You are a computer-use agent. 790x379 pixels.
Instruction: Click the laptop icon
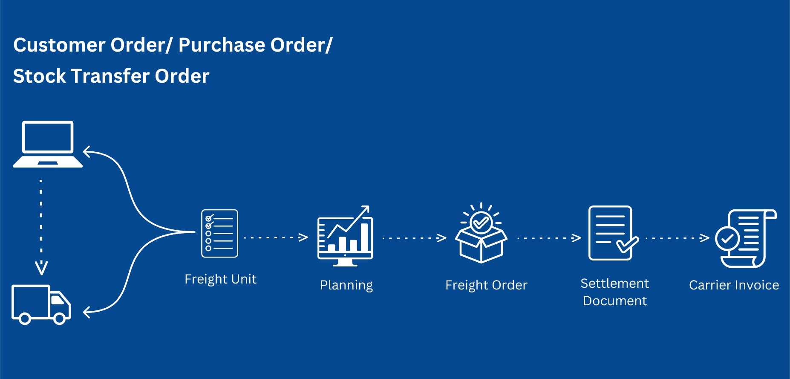point(48,144)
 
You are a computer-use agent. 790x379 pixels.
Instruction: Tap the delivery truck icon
point(41,304)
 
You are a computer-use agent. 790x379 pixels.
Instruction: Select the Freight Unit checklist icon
point(219,233)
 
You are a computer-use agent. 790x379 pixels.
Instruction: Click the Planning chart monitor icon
point(345,237)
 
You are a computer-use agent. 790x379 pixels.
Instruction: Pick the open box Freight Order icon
point(481,234)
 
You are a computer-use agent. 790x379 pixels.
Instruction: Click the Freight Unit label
point(220,279)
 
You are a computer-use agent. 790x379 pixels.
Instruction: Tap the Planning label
point(346,285)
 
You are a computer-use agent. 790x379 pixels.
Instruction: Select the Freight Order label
point(486,285)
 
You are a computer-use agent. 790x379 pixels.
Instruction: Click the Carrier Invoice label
point(734,285)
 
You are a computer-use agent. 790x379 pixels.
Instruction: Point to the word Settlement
point(614,284)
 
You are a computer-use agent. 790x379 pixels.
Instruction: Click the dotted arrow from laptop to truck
point(41,226)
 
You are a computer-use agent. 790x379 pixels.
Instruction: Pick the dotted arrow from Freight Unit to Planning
point(276,237)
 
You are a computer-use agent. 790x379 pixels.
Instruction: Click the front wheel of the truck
point(60,318)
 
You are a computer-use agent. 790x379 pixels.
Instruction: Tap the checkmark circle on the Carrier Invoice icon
point(727,238)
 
